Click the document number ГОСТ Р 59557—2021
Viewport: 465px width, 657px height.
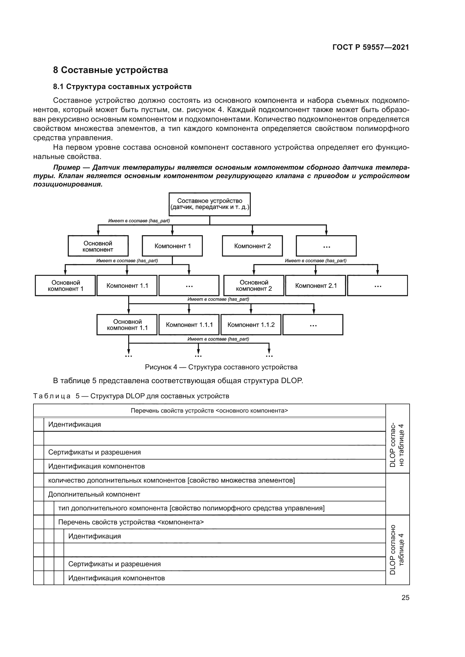pos(371,47)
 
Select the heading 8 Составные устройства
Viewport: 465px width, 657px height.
pos(110,70)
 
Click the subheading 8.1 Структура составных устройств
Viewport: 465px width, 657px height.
pos(122,87)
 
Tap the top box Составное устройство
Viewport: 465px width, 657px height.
pos(210,204)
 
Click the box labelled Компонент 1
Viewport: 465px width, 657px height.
pos(172,246)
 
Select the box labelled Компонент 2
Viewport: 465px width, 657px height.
pos(252,246)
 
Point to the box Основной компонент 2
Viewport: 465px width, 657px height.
pos(254,286)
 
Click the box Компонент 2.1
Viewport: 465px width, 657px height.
pos(315,286)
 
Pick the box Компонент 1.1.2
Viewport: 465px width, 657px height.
pos(251,325)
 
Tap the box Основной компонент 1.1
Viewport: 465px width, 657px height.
pos(127,325)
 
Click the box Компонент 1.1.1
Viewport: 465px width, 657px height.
pos(189,325)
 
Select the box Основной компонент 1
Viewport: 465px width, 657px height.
pos(65,286)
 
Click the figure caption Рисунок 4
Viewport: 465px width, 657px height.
pos(221,367)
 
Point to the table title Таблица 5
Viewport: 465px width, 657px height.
pos(131,396)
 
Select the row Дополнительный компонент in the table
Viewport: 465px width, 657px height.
pos(94,494)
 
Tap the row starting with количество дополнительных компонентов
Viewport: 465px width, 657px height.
pos(171,480)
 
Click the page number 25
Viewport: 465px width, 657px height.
pos(405,597)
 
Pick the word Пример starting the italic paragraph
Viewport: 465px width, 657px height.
pos(66,167)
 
